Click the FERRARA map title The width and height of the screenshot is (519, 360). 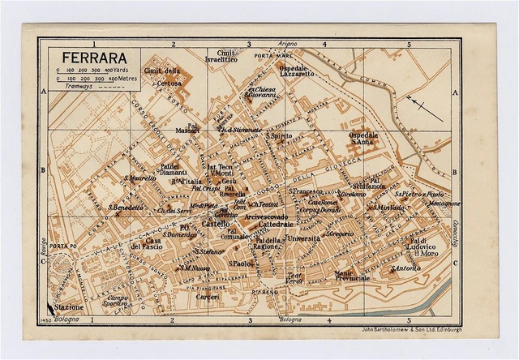pos(81,59)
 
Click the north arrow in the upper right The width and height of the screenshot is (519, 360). pos(425,106)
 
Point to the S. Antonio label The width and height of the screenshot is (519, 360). pos(405,268)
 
